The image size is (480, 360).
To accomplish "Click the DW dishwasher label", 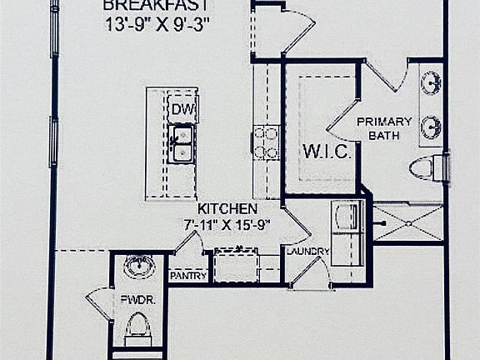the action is coord(183,109).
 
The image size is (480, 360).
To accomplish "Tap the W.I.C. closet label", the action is coord(327,151).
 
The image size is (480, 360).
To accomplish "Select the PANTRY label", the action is coord(188,276).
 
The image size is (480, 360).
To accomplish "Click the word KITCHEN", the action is coord(227,209).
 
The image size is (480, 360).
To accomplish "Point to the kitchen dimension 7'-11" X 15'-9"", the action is coord(227,225).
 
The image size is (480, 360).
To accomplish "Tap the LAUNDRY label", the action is coord(307,252).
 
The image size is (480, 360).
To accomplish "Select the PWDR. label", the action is coord(137,300).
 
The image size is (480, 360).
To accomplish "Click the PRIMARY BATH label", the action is coord(384,128).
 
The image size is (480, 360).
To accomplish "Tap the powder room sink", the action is coord(139,266).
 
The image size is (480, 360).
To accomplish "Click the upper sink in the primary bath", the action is coord(431,82).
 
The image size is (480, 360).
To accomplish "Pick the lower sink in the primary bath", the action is coord(431,127).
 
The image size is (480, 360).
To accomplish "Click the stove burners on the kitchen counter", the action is coord(266,143).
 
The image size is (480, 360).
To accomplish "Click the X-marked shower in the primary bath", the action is coord(408,223).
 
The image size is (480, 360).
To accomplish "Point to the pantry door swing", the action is coord(190,242).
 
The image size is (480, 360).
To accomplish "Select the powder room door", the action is coord(98,303).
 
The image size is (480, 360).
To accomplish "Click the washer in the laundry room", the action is coord(347,217).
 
